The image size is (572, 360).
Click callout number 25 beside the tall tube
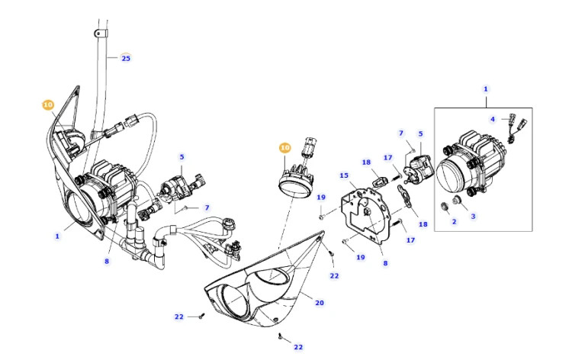point(126,58)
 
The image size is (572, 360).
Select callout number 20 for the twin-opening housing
point(320,303)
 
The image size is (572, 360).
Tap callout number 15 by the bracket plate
point(344,175)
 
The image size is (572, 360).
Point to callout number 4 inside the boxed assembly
point(493,119)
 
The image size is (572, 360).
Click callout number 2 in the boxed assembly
point(455,221)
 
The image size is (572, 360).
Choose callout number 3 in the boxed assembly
point(473,217)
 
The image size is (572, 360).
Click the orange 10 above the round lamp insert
point(285,148)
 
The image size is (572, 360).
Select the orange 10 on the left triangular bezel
point(48,105)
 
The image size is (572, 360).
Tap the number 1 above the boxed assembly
point(486,89)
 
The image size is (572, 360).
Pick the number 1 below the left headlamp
point(57,236)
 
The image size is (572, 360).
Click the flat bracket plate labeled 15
point(366,214)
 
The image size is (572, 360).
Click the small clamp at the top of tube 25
point(101,34)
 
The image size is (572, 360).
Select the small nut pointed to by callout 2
point(445,207)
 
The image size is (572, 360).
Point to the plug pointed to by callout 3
point(456,201)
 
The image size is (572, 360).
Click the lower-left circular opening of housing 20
point(234,300)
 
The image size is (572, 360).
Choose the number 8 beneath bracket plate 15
point(385,263)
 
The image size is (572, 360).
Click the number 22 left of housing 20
point(178,317)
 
